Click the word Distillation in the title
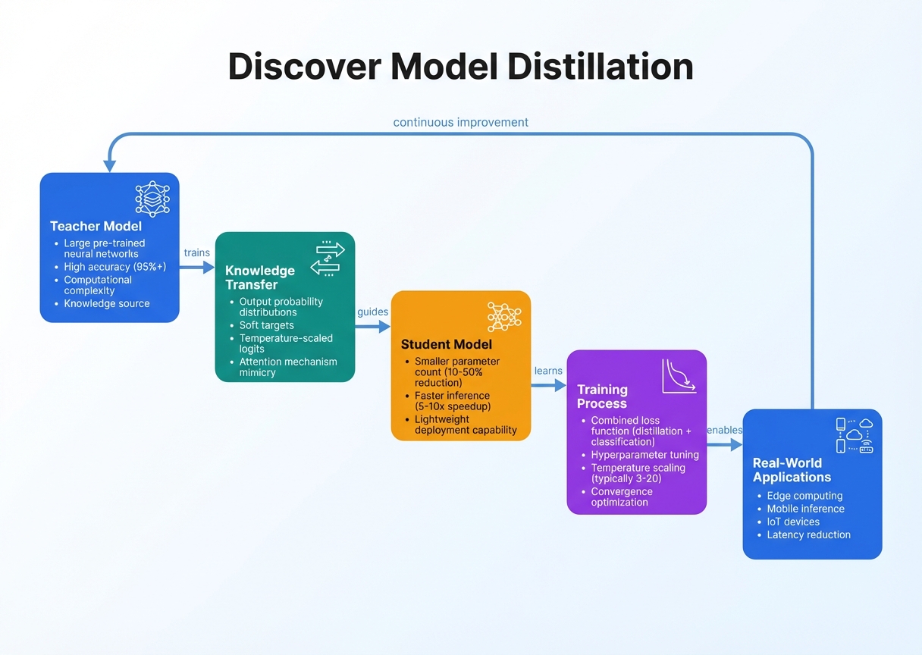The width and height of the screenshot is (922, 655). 600,67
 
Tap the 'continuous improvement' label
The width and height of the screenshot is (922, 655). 460,122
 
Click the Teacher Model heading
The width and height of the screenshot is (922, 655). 96,226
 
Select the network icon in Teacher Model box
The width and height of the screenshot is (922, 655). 152,199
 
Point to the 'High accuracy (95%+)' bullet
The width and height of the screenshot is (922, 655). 114,267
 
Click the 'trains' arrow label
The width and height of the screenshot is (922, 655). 196,252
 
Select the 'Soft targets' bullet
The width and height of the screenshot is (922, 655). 266,325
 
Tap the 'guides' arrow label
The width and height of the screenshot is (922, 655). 372,312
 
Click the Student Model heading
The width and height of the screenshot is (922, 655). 446,344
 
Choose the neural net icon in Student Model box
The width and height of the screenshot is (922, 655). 504,316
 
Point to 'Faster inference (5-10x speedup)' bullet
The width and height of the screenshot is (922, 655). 452,401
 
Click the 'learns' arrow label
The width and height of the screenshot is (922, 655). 548,371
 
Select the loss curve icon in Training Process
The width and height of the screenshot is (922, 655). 679,376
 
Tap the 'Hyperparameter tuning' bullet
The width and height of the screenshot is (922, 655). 644,455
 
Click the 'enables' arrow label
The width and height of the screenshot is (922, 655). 723,430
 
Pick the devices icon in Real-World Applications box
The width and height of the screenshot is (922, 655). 855,435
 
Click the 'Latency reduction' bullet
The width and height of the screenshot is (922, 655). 808,534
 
